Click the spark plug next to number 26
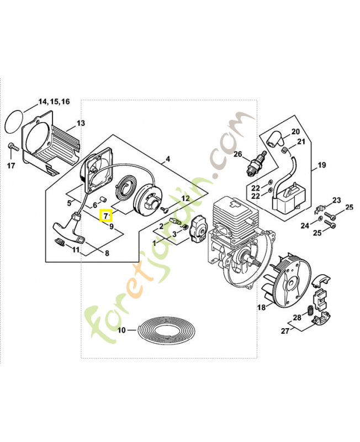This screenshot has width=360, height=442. click(256, 163)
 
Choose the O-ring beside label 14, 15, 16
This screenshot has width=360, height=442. click(15, 122)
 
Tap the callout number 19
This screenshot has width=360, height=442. click(321, 165)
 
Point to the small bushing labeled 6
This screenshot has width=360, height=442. click(103, 199)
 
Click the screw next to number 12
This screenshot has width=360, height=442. click(164, 209)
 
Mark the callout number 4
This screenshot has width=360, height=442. click(168, 159)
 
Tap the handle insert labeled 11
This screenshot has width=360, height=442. click(59, 241)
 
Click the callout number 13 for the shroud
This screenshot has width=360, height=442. click(81, 123)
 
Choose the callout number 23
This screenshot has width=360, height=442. click(337, 201)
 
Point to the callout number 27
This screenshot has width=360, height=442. click(285, 330)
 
